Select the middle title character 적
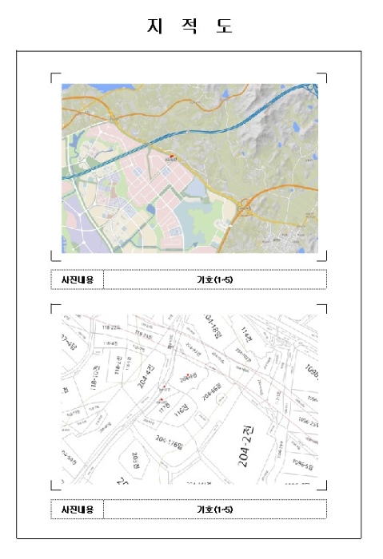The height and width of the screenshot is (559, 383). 190,26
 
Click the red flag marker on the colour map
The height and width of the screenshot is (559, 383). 170,156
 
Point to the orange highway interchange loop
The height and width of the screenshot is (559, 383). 244,210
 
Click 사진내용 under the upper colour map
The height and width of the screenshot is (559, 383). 78,279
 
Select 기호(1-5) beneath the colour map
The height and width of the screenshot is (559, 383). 215,279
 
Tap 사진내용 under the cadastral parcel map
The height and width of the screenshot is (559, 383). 78,509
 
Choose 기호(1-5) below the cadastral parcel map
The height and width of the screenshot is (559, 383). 215,509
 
